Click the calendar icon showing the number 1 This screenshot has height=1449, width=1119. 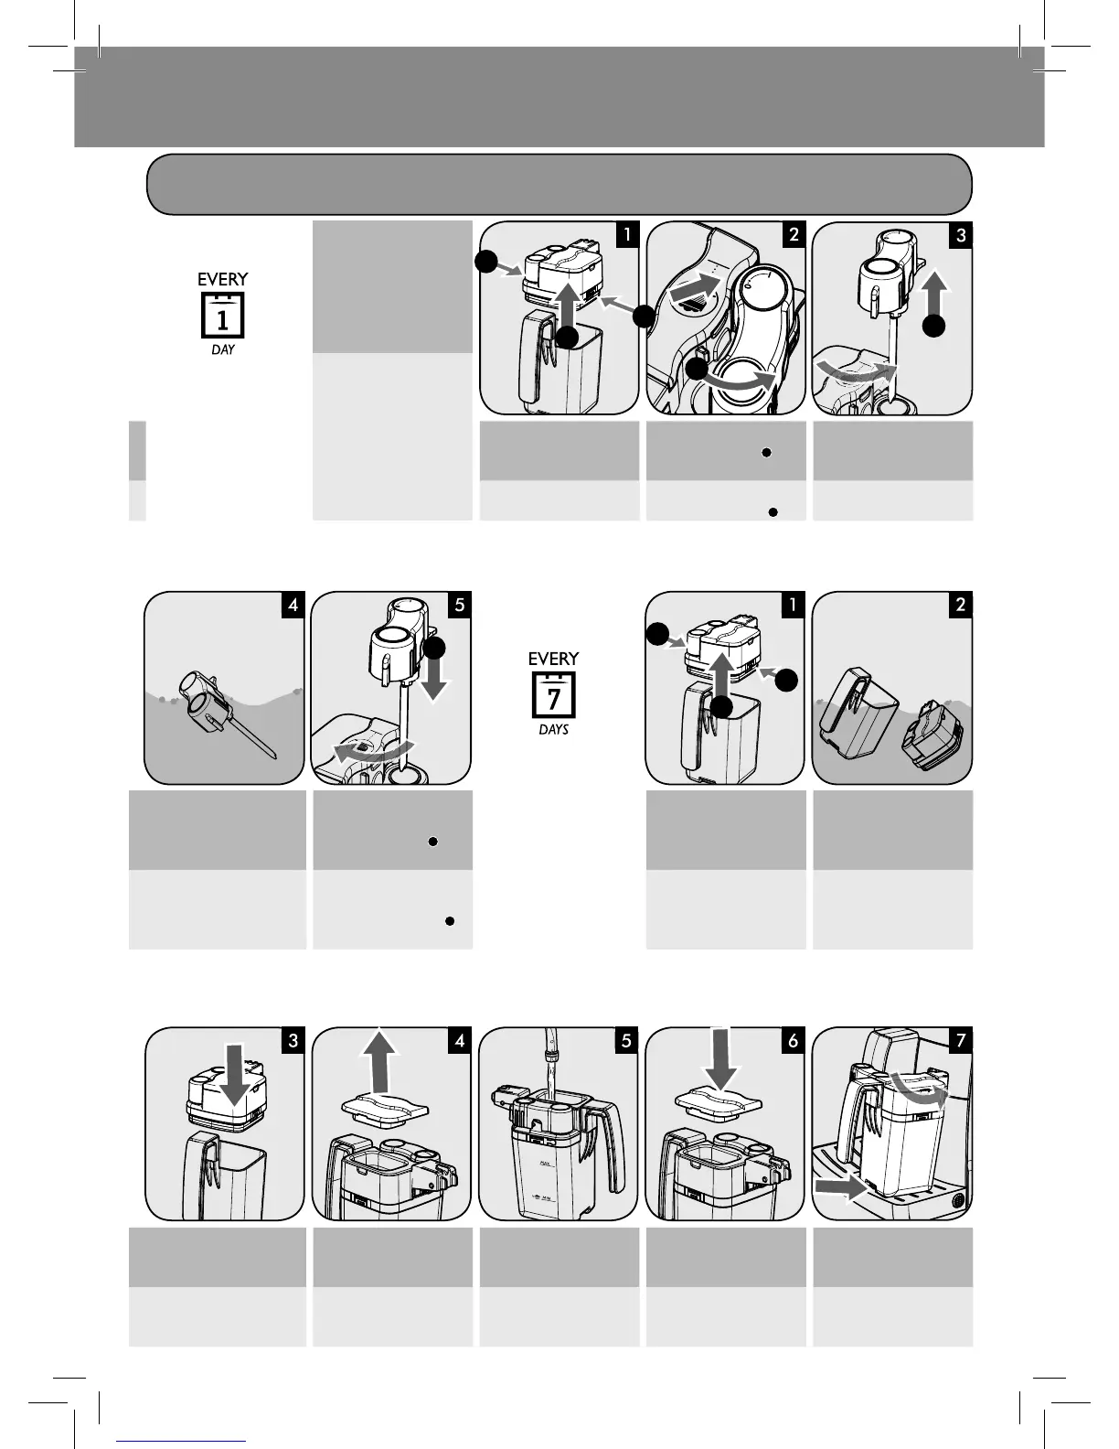tap(222, 317)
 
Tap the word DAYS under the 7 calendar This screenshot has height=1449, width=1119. tap(553, 730)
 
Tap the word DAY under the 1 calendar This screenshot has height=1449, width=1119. tap(222, 350)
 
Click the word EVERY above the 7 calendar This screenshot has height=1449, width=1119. tap(553, 659)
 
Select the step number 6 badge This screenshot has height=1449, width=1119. tap(793, 1040)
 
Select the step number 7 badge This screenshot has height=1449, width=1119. tap(959, 1040)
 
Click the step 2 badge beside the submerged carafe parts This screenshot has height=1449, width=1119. tap(959, 605)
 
